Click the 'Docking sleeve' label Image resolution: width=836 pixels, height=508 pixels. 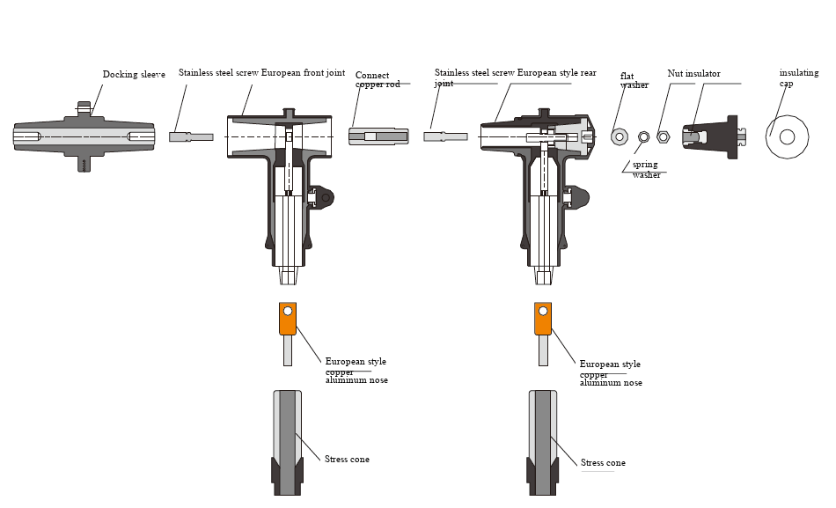(x=134, y=75)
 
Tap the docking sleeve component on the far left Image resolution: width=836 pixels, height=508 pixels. (x=84, y=136)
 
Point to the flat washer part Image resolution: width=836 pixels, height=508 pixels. (x=620, y=136)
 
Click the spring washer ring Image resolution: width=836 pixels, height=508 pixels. (x=643, y=136)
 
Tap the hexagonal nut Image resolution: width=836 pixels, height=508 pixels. (x=664, y=136)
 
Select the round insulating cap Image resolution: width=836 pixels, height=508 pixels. (x=787, y=136)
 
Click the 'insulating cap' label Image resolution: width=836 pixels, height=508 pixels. (x=798, y=77)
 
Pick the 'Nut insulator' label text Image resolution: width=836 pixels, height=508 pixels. (x=693, y=74)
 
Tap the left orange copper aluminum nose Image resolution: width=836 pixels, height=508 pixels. (x=287, y=319)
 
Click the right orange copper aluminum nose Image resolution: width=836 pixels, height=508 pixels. (x=543, y=319)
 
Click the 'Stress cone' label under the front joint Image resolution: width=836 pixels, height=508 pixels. (x=347, y=460)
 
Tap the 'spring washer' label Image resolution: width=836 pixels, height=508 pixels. (x=646, y=170)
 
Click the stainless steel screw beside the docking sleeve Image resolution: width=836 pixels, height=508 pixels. (x=191, y=136)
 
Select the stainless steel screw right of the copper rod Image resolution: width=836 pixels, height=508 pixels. (x=445, y=136)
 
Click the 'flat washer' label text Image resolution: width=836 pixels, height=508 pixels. (x=634, y=80)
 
